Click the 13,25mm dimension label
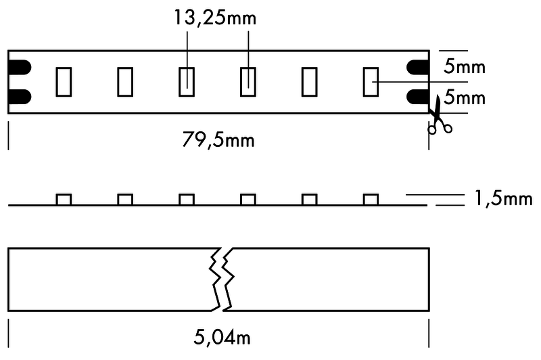pyautogui.click(x=215, y=18)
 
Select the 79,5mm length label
pyautogui.click(x=218, y=140)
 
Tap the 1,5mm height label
pyautogui.click(x=503, y=198)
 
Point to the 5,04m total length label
pyautogui.click(x=222, y=337)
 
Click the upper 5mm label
pyautogui.click(x=465, y=66)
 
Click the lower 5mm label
pyautogui.click(x=465, y=97)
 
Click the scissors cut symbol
pyautogui.click(x=438, y=116)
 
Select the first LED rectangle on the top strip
pyautogui.click(x=64, y=82)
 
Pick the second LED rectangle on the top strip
pyautogui.click(x=125, y=82)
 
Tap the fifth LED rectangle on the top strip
pyautogui.click(x=310, y=82)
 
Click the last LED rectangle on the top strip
pyautogui.click(x=371, y=82)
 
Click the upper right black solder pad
pyautogui.click(x=418, y=67)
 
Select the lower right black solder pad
pyautogui.click(x=418, y=97)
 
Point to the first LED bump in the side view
pyautogui.click(x=64, y=200)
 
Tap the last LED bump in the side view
pyautogui.click(x=371, y=200)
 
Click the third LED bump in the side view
pyautogui.click(x=187, y=200)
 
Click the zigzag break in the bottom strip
pyautogui.click(x=222, y=279)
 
